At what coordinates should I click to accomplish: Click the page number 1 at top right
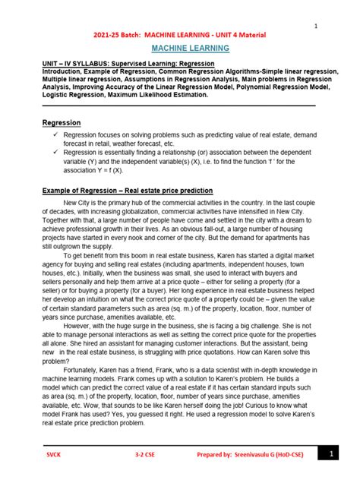(315, 27)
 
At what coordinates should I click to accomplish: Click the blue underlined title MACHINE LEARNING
(180, 49)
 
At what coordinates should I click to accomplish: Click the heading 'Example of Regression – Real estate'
(128, 191)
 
